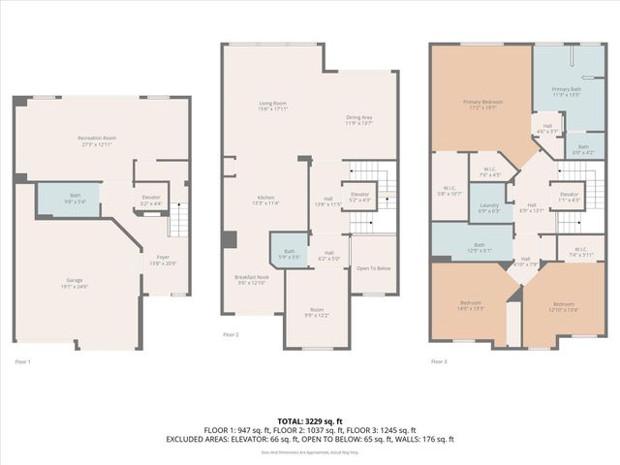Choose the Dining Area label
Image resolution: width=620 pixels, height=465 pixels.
click(359, 121)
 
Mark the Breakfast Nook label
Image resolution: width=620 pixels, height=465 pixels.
click(251, 280)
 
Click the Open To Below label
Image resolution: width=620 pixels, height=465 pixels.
click(373, 267)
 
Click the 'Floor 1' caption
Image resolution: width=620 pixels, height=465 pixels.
click(23, 361)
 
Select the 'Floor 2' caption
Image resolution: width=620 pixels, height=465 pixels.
click(231, 333)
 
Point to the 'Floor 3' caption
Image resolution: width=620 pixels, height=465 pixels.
click(439, 361)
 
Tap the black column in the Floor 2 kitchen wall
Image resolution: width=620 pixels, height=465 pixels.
click(229, 239)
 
